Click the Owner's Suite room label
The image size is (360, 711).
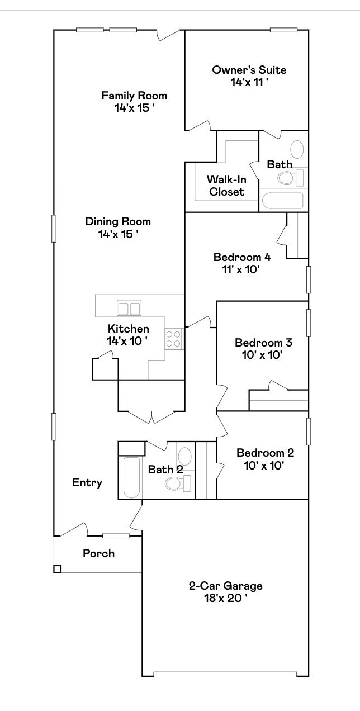tap(249, 70)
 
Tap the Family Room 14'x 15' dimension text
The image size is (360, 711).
tap(134, 108)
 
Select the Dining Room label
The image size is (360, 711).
tap(118, 221)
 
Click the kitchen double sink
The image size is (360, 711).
tap(129, 308)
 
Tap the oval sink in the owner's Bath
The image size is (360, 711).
tap(297, 149)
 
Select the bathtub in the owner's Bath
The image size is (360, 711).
tap(283, 201)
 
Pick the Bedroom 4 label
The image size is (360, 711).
tap(242, 257)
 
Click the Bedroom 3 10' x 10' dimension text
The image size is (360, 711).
tap(255, 354)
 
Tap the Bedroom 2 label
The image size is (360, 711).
tap(265, 453)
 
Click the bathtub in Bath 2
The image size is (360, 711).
tap(131, 477)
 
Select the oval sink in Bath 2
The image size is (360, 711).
tap(184, 456)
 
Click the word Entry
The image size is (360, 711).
tap(87, 482)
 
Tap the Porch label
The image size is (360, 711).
tap(98, 553)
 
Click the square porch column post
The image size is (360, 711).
tap(57, 569)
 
